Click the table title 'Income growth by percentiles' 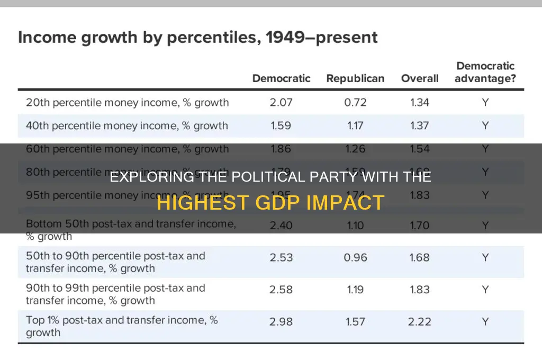pos(198,38)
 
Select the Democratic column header pos(281,78)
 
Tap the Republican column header pos(355,78)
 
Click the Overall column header pos(420,78)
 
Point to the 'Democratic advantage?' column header pos(485,73)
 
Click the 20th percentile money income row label pos(127,102)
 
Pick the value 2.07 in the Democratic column pos(281,102)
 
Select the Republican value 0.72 pos(355,102)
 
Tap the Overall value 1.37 pos(420,125)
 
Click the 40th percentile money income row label pos(127,125)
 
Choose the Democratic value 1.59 pos(281,125)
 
